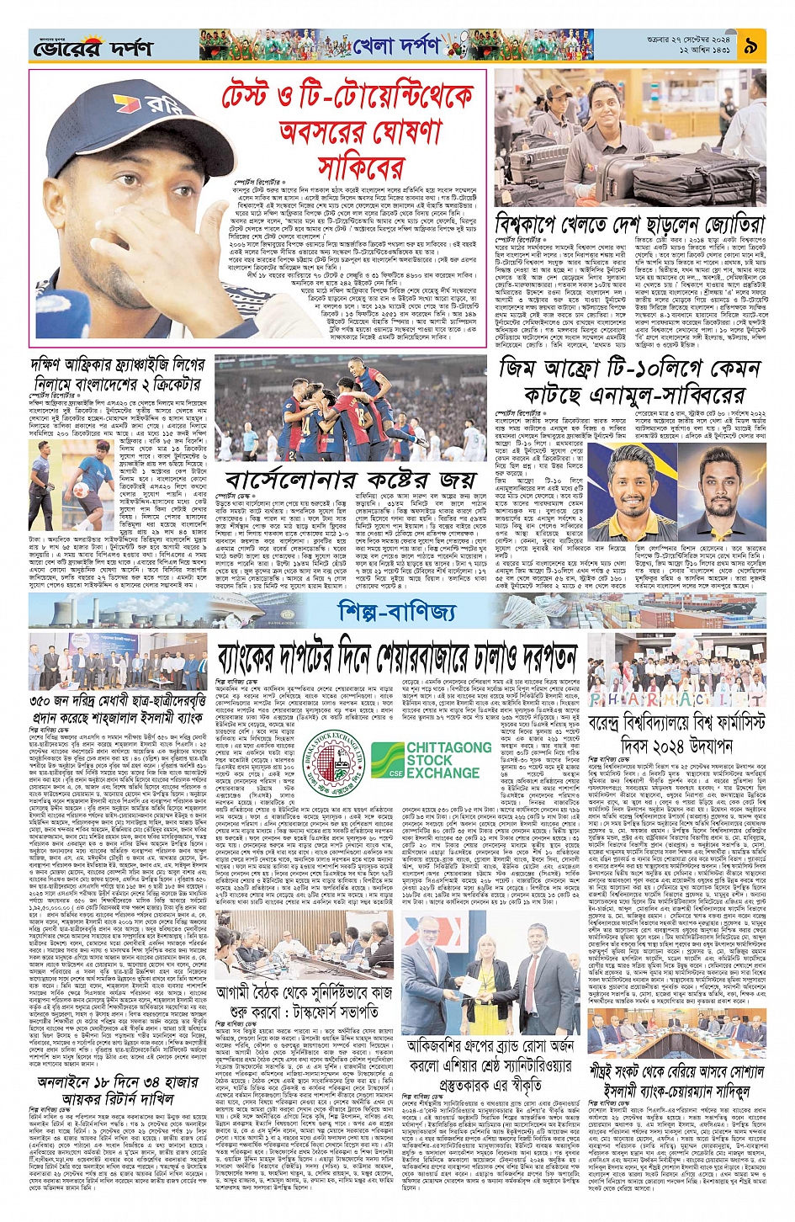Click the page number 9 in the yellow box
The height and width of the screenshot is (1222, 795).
click(750, 45)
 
